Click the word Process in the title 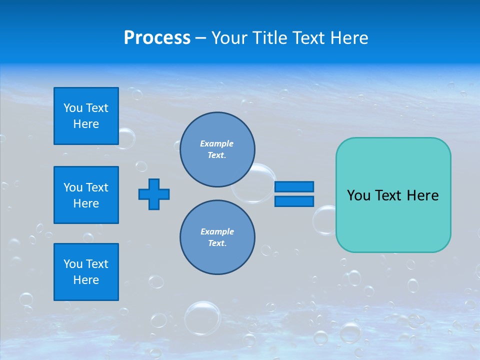coord(157,37)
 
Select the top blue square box coord(86,116)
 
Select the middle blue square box coord(86,195)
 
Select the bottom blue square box coord(86,272)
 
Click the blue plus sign coord(154,194)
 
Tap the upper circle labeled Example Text coord(217,149)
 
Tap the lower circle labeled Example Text coord(217,237)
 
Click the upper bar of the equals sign coord(294,186)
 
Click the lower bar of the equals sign coord(294,201)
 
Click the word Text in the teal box coord(391,195)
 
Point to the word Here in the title coord(349,38)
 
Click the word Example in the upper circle coord(216,143)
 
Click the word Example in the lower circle coord(217,231)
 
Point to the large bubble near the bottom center coord(202,317)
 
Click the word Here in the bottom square coord(86,280)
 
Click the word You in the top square coord(73,108)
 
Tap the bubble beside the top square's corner coord(125,138)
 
